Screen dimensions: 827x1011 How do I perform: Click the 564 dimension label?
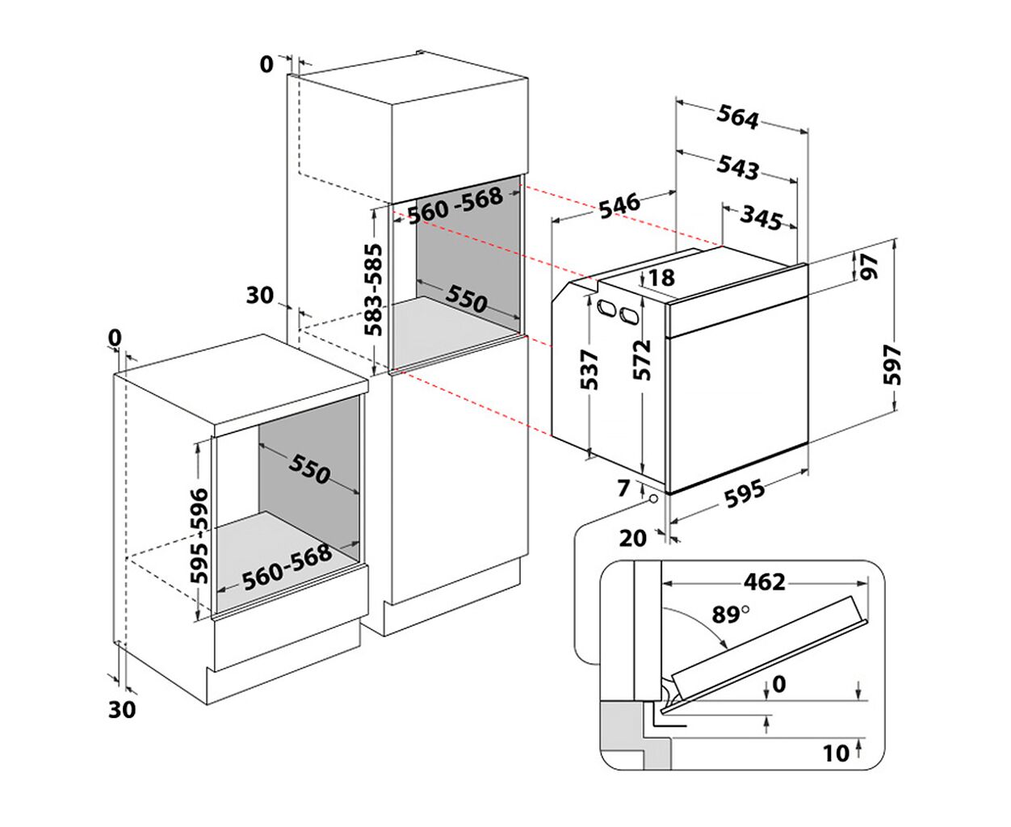pyautogui.click(x=738, y=118)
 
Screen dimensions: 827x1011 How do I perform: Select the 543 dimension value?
pyautogui.click(x=738, y=168)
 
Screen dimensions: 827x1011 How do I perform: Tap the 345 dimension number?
pyautogui.click(x=761, y=216)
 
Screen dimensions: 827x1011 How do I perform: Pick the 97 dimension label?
pyautogui.click(x=869, y=267)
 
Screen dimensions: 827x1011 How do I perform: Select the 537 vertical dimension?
pyautogui.click(x=591, y=370)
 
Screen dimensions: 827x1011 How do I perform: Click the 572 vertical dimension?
pyautogui.click(x=642, y=360)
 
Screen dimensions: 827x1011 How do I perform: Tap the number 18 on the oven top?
pyautogui.click(x=661, y=278)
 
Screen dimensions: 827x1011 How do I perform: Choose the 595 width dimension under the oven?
pyautogui.click(x=744, y=493)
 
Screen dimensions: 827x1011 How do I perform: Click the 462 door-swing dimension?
pyautogui.click(x=764, y=581)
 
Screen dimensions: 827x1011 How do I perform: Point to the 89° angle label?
pyautogui.click(x=730, y=615)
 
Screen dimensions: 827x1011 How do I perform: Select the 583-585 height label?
pyautogui.click(x=374, y=289)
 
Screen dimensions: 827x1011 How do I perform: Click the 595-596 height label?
pyautogui.click(x=199, y=535)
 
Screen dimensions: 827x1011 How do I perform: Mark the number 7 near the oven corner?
pyautogui.click(x=623, y=488)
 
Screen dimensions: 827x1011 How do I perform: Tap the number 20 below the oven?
pyautogui.click(x=633, y=538)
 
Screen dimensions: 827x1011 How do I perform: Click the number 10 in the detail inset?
pyautogui.click(x=836, y=753)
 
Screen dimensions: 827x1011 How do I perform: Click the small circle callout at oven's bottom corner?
pyautogui.click(x=651, y=498)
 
